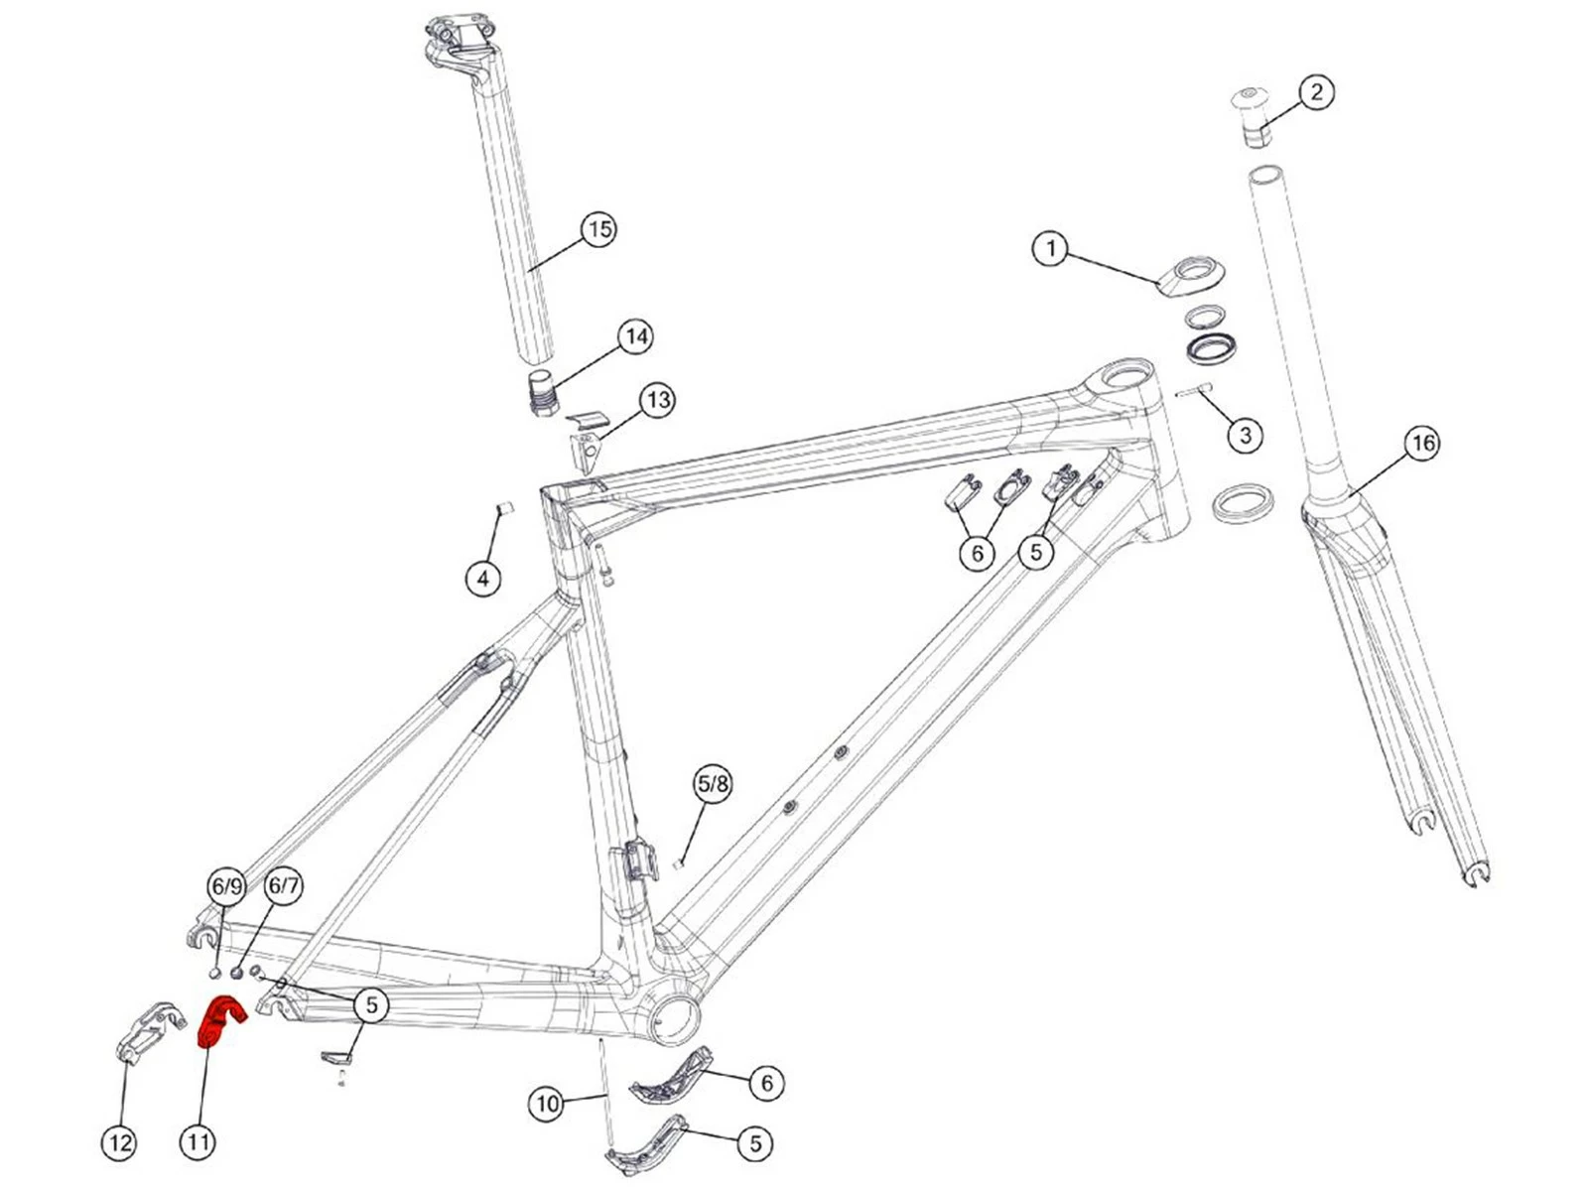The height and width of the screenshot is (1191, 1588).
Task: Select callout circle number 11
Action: click(x=198, y=1141)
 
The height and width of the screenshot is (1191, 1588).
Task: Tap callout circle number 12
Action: click(x=120, y=1142)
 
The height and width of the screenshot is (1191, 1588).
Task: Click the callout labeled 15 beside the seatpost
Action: click(x=598, y=229)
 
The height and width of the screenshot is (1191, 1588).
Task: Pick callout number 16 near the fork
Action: click(x=1422, y=443)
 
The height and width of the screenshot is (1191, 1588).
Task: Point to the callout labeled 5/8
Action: click(x=713, y=784)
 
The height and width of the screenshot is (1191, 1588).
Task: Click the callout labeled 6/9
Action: click(x=226, y=885)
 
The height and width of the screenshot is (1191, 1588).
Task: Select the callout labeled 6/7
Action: click(x=284, y=885)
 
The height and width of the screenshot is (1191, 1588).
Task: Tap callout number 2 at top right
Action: click(x=1316, y=92)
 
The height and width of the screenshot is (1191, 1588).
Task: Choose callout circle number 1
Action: click(x=1051, y=247)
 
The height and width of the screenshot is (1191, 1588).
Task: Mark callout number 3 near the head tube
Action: click(x=1245, y=434)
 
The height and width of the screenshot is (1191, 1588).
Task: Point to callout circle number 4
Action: click(x=483, y=578)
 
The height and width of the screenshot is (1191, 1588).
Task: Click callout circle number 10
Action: click(x=548, y=1103)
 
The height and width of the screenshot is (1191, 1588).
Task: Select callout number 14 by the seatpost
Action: click(x=636, y=336)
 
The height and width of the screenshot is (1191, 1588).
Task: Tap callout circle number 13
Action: click(x=658, y=400)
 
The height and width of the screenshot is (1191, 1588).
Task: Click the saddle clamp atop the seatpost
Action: click(x=459, y=40)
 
